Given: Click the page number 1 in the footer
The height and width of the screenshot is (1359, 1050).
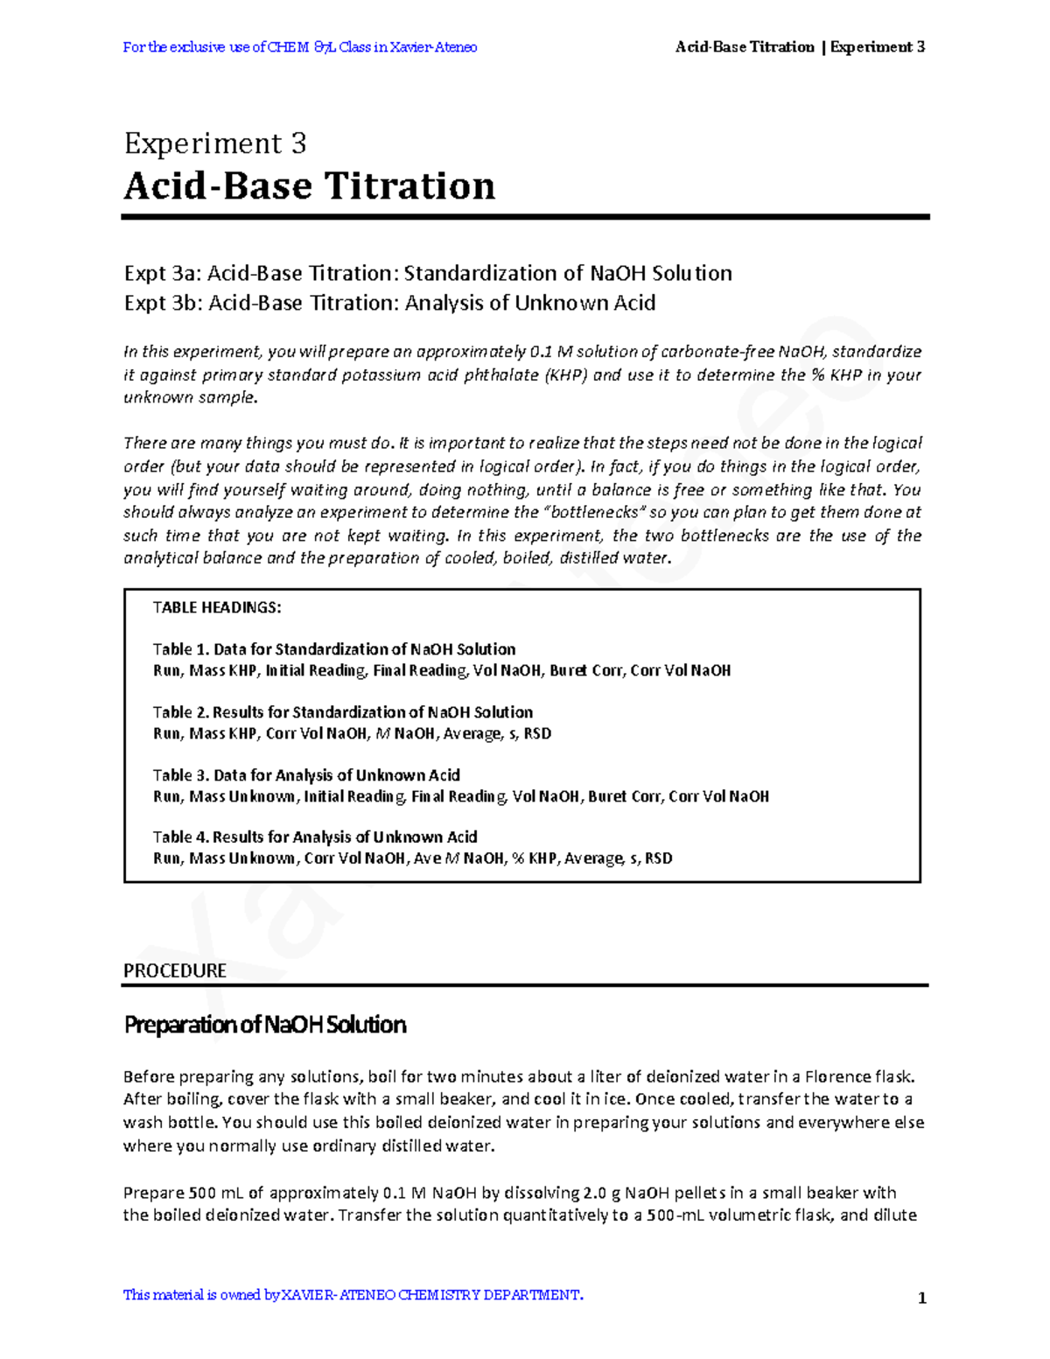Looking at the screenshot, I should [921, 1298].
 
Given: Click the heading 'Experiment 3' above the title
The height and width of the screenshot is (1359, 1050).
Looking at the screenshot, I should [214, 143].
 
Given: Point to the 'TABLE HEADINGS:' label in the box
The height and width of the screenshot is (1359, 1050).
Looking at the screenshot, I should [217, 607].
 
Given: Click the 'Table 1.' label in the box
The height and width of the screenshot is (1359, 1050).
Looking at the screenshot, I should [181, 649].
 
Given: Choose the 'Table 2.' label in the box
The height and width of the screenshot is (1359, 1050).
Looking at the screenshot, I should [181, 712].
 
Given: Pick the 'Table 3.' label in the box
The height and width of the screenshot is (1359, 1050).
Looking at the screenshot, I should [181, 775].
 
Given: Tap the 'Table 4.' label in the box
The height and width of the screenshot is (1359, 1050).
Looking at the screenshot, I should [181, 837].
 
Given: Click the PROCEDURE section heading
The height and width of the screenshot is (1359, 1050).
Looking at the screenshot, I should [175, 970].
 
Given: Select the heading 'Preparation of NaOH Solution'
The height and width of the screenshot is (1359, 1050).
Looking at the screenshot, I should [265, 1025].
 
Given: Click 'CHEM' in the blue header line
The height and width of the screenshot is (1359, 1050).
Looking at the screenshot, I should [289, 47].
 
